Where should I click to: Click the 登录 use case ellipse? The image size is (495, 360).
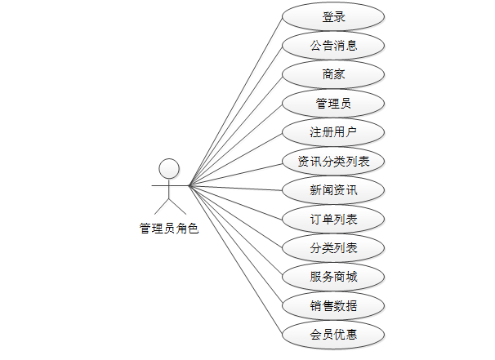(332, 16)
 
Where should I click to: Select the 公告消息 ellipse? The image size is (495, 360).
(332, 45)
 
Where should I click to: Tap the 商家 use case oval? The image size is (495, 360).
(332, 74)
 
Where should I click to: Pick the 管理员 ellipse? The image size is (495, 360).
(332, 103)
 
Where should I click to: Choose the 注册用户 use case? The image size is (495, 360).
(332, 132)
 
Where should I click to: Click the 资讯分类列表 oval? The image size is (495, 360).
(332, 161)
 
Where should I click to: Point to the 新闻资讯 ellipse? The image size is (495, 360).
(332, 190)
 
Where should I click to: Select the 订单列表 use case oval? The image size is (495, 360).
(332, 219)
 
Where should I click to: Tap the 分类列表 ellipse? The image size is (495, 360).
(332, 248)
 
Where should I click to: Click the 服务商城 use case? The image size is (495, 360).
(332, 277)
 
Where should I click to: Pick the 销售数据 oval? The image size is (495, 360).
(332, 306)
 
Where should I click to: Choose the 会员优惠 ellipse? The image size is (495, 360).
(332, 335)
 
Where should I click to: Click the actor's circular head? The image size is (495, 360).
(169, 169)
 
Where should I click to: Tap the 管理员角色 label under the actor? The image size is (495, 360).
(169, 229)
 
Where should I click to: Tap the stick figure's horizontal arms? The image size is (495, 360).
(159, 186)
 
